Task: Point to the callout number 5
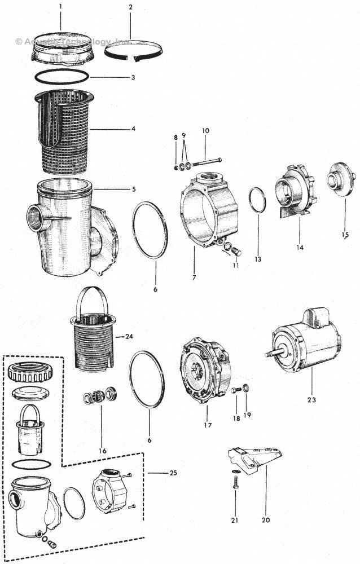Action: pos(133,188)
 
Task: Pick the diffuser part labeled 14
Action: pos(294,192)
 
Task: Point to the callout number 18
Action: pos(236,418)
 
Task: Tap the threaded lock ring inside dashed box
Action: pos(32,372)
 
